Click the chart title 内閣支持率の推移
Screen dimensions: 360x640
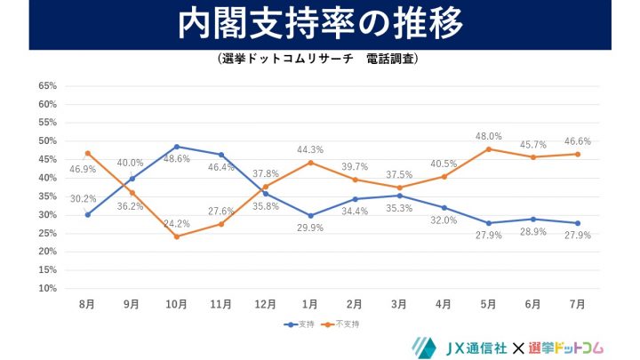pyautogui.click(x=320, y=25)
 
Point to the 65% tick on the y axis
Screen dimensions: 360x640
pyautogui.click(x=47, y=86)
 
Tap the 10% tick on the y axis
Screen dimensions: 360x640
pyautogui.click(x=47, y=289)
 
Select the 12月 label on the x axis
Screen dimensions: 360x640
pyautogui.click(x=265, y=304)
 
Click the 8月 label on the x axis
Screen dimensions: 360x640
pyautogui.click(x=87, y=304)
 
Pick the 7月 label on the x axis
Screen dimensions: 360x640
pyautogui.click(x=577, y=304)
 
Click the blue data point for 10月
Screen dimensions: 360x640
pyautogui.click(x=176, y=147)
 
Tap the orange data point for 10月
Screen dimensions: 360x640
pyautogui.click(x=176, y=236)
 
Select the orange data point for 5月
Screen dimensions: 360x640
pyautogui.click(x=488, y=148)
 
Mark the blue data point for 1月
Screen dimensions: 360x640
pyautogui.click(x=310, y=215)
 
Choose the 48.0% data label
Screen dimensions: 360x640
pyautogui.click(x=487, y=136)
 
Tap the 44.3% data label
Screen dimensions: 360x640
pyautogui.click(x=310, y=149)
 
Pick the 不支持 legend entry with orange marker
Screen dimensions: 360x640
pyautogui.click(x=336, y=324)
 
